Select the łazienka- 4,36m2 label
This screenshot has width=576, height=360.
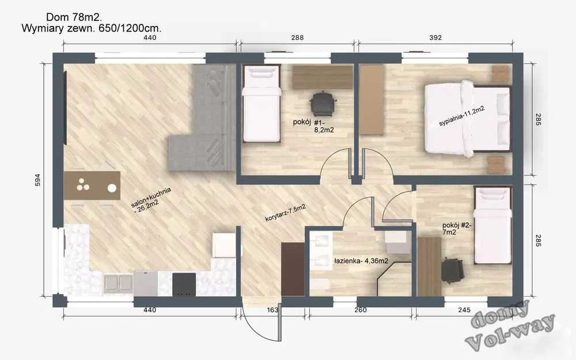(361, 261)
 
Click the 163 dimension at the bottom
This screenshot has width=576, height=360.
(273, 310)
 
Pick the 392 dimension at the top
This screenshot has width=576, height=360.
(435, 37)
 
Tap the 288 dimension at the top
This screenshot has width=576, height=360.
(297, 37)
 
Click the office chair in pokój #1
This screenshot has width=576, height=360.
(323, 104)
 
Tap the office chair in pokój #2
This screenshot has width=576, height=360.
(453, 270)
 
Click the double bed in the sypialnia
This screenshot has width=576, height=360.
(468, 119)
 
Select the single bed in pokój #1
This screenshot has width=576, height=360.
(262, 104)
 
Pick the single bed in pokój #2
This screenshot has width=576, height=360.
(492, 225)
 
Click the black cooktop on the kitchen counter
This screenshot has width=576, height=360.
(184, 283)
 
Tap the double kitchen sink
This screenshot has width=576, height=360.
(119, 283)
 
